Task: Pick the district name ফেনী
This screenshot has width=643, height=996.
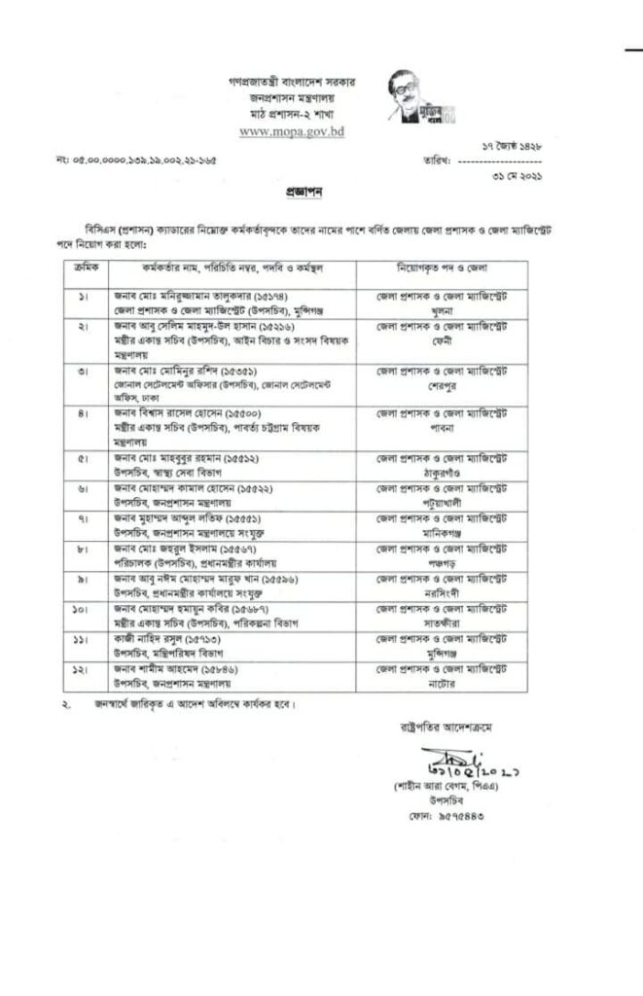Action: pyautogui.click(x=448, y=340)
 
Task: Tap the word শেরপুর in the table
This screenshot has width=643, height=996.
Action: pyautogui.click(x=448, y=383)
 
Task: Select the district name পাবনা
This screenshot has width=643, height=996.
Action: pyautogui.click(x=448, y=425)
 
